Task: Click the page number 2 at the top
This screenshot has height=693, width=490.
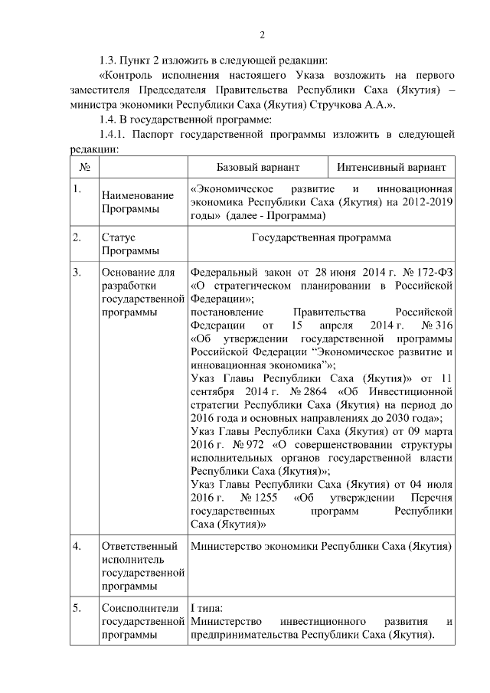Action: [x=262, y=34]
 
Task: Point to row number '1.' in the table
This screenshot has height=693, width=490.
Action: [x=77, y=189]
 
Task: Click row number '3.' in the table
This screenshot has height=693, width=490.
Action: [x=77, y=272]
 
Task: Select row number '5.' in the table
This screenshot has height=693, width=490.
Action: [x=77, y=609]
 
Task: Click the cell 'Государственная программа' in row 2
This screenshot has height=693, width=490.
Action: [x=321, y=237]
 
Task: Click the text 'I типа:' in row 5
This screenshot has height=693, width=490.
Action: [x=206, y=608]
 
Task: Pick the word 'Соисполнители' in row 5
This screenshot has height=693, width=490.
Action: [x=139, y=608]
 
